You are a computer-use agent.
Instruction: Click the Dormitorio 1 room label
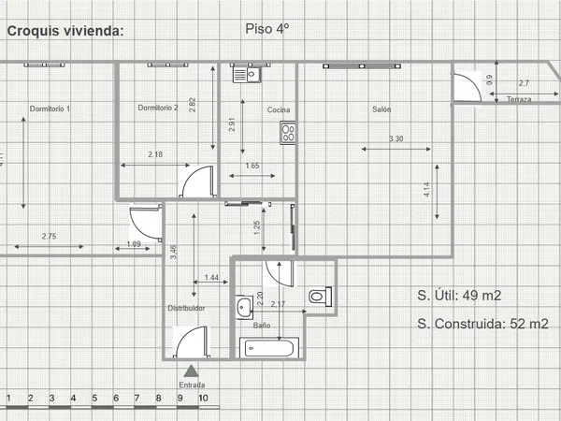point(50,109)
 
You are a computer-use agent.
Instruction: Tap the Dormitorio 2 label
point(158,108)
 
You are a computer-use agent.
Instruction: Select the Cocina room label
point(279,109)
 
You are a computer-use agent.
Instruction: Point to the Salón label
point(381,109)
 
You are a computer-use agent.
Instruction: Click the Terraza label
point(519,99)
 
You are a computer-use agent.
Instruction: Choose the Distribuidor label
point(186,308)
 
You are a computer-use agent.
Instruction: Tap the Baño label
point(262,325)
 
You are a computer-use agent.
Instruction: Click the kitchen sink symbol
point(247,75)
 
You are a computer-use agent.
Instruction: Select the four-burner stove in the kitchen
point(288,133)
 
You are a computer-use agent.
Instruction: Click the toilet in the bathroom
point(320,297)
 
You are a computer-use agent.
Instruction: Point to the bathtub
point(269,348)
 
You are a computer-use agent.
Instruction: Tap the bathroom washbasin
point(244,307)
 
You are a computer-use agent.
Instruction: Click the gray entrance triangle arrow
point(191,371)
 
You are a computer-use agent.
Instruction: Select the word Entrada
point(192,385)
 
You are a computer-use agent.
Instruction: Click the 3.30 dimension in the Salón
point(396,138)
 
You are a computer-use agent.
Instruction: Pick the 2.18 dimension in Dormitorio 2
point(155,154)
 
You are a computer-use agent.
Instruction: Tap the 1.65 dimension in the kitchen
point(252,166)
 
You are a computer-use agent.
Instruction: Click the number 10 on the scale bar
point(203,399)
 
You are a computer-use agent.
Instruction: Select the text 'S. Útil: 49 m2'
point(459,296)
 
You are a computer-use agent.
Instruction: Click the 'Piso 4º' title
point(266,29)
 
